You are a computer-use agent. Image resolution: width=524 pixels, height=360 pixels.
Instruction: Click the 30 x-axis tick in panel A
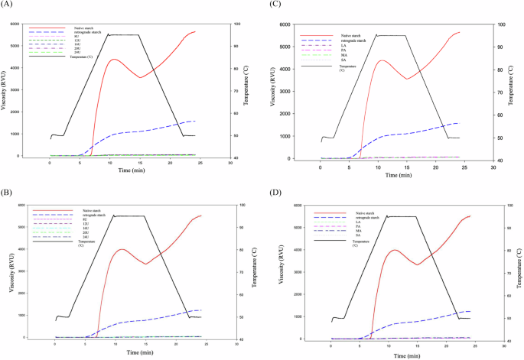click(x=231, y=163)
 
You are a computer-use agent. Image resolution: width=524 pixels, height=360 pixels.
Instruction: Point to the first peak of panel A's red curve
click(x=113, y=60)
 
